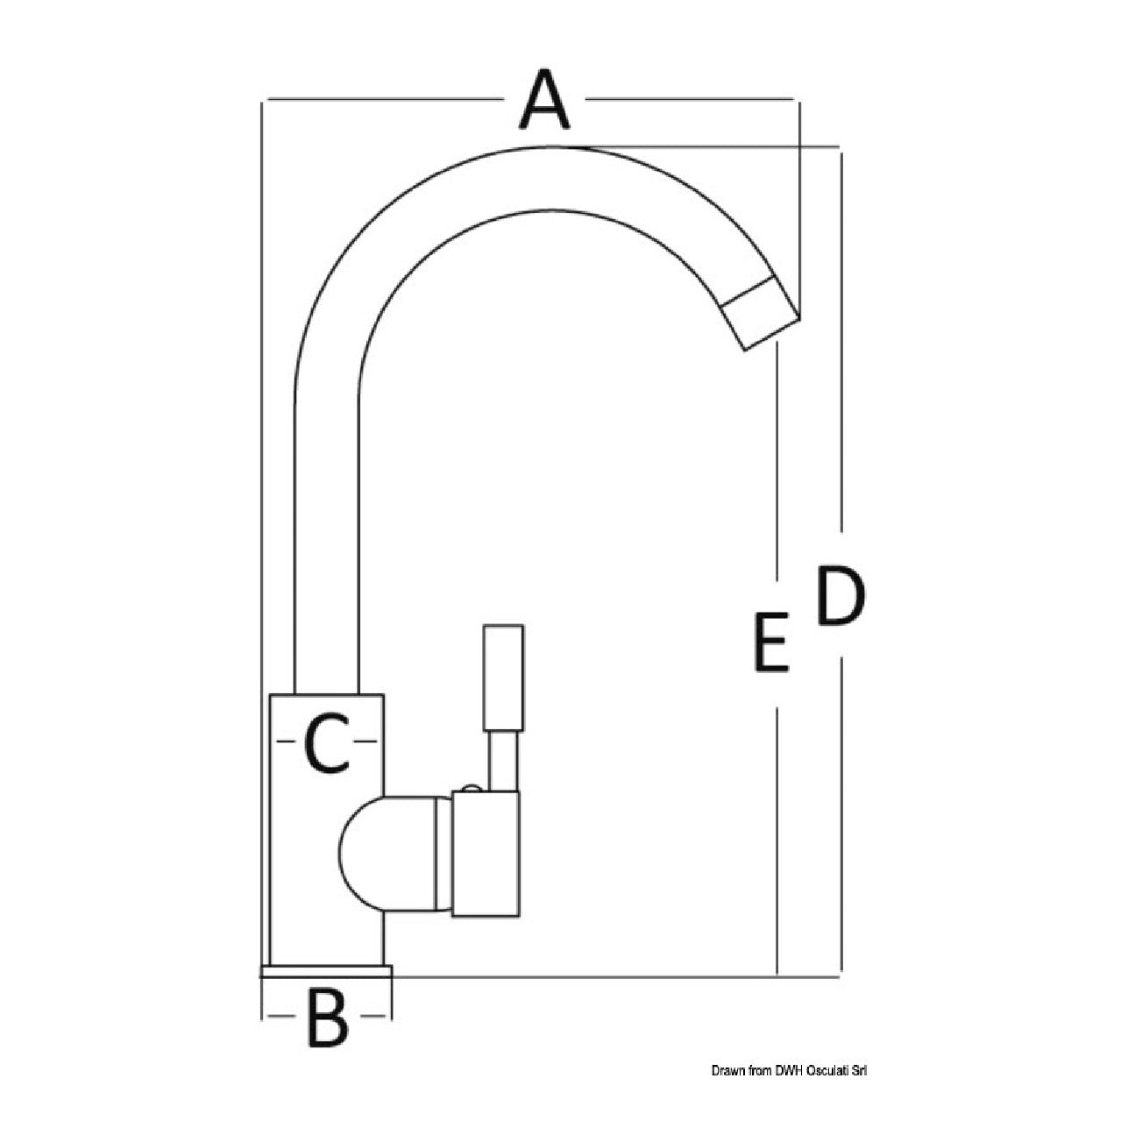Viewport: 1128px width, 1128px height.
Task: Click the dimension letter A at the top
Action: point(543,99)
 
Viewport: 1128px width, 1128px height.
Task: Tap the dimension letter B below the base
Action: point(328,1017)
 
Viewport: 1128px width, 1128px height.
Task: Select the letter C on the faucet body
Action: point(328,741)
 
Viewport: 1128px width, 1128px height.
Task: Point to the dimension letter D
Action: point(841,595)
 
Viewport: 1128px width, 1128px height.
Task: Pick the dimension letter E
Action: point(771,642)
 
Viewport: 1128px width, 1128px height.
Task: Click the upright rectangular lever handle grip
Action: point(503,678)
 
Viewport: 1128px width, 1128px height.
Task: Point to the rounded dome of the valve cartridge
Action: point(387,861)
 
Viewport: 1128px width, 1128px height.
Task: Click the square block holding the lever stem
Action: point(486,862)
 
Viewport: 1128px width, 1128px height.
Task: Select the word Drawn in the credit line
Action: point(726,1070)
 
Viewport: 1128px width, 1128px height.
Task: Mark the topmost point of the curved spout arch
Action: point(556,145)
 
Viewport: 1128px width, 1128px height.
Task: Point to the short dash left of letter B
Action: point(281,1016)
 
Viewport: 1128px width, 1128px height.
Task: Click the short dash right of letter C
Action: point(366,741)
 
